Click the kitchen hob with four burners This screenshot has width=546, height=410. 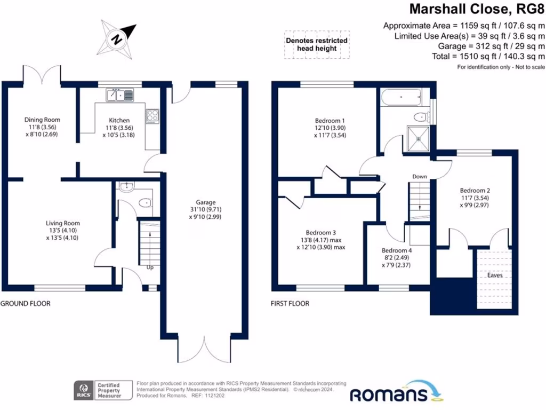152,116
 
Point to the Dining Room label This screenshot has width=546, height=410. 42,120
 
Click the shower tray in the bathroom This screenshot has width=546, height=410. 420,138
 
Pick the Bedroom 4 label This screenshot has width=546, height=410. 397,250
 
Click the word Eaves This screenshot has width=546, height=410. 495,277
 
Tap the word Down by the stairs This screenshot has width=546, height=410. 419,176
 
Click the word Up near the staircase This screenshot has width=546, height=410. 150,268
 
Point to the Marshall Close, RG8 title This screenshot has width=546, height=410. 477,9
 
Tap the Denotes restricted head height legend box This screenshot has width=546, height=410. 317,44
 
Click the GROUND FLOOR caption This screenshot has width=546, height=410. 25,303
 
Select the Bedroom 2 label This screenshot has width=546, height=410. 475,191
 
